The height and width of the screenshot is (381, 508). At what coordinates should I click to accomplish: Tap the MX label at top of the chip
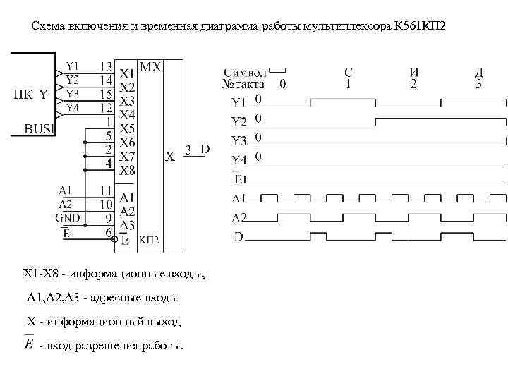(152, 67)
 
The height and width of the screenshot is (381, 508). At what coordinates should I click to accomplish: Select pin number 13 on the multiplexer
(105, 67)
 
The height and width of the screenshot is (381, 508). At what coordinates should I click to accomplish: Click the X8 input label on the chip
(127, 170)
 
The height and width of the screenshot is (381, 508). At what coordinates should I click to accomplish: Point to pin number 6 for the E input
(109, 231)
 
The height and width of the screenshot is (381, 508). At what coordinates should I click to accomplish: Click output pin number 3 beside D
(188, 149)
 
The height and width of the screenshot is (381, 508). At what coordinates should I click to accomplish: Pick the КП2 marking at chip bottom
(149, 240)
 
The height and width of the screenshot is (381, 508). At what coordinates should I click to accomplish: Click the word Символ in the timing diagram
(245, 72)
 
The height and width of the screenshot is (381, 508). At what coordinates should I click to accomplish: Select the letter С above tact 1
(349, 71)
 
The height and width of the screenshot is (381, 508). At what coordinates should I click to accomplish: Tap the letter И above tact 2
(413, 71)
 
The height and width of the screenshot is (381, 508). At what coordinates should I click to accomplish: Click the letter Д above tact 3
(479, 71)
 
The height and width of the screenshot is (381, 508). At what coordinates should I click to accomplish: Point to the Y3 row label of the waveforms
(241, 140)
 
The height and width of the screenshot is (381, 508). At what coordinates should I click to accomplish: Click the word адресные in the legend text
(116, 298)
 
